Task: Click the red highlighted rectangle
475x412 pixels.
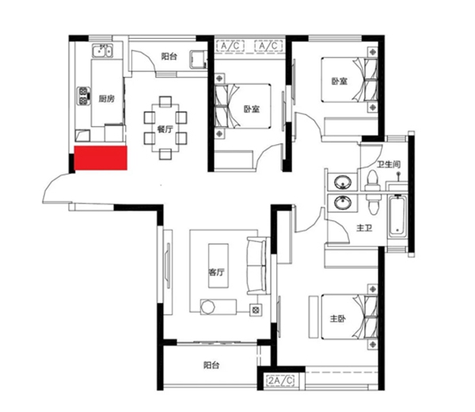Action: tap(101, 158)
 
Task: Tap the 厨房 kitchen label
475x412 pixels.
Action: tap(107, 98)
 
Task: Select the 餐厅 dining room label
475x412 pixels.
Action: tap(165, 129)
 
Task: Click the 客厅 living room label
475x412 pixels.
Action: tap(217, 272)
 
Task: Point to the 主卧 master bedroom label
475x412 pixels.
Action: tap(337, 319)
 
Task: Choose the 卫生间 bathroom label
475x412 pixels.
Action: tap(389, 164)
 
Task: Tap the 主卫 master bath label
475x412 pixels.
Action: tap(364, 227)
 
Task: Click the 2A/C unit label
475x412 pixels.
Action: tap(281, 380)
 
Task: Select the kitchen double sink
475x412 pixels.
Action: tap(102, 51)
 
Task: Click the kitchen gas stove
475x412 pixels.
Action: tap(84, 96)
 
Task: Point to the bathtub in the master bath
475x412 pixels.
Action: tap(397, 216)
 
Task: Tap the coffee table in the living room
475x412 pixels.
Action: tap(218, 265)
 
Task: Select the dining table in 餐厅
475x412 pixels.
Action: tap(165, 128)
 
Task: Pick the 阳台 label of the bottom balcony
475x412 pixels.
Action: tap(211, 365)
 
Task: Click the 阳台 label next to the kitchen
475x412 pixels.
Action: tap(169, 56)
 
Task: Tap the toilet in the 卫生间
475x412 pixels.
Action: tap(372, 181)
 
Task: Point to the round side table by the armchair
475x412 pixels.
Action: tap(208, 307)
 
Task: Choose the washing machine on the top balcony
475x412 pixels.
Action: tap(198, 59)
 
